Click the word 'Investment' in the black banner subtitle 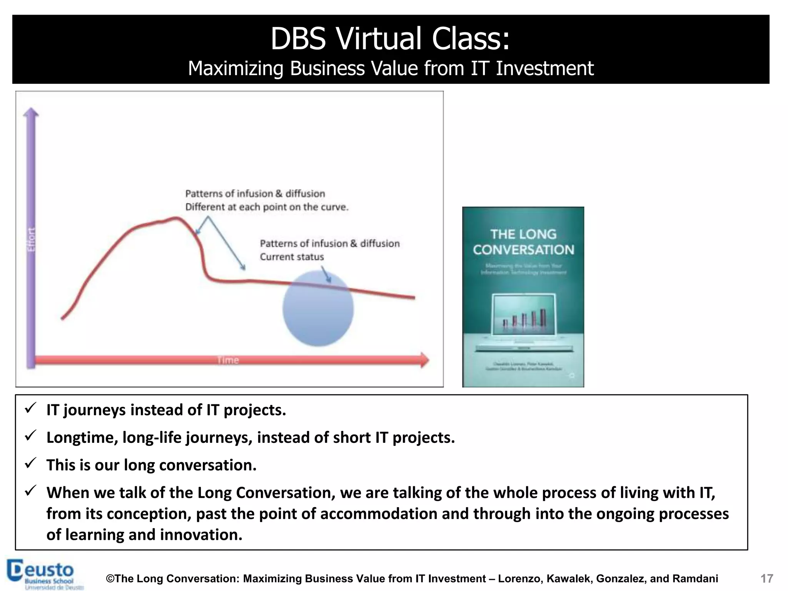tap(544, 68)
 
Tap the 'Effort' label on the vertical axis tap(31, 239)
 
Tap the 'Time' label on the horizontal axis tap(228, 360)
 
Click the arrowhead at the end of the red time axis tap(424, 360)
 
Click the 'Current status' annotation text tap(292, 257)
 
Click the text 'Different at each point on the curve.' tap(267, 207)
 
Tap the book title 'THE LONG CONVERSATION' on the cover tap(523, 242)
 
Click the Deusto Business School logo tap(44, 574)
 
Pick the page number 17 tap(766, 578)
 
